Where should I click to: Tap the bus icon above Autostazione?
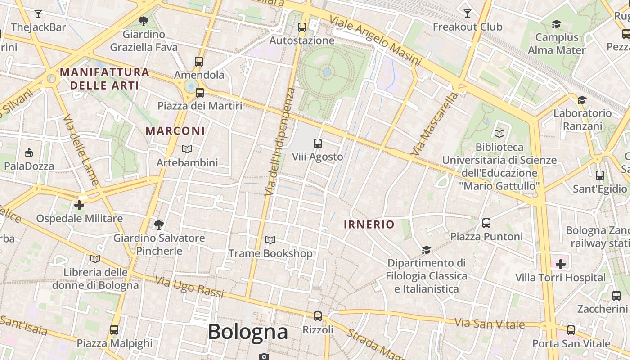(302, 27)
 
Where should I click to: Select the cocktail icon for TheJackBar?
(38, 14)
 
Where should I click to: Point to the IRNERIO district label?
(369, 225)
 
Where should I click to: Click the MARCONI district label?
(175, 131)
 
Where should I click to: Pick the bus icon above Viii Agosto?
(318, 144)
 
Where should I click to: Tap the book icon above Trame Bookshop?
(270, 240)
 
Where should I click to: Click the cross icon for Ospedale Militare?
(79, 205)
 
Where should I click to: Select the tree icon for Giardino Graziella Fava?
(144, 21)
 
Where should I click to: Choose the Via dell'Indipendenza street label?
(280, 141)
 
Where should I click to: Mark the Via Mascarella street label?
(435, 124)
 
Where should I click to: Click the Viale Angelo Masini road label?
(376, 40)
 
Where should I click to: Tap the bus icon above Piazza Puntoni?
(486, 223)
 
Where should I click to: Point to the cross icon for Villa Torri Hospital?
(561, 264)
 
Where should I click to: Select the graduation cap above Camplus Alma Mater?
(557, 24)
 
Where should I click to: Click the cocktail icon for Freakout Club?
(468, 13)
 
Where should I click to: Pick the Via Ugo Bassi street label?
(189, 287)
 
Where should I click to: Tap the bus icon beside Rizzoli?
(318, 316)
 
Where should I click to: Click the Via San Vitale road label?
(490, 323)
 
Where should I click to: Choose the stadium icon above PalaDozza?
(29, 153)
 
